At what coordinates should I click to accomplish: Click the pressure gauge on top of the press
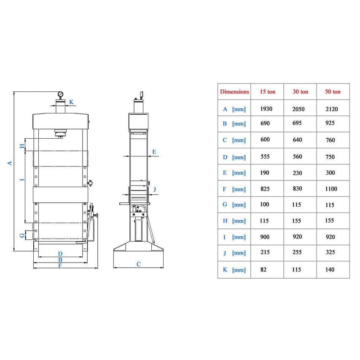point(60,94)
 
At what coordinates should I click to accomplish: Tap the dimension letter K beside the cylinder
point(71,102)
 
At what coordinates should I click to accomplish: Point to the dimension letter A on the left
point(10,163)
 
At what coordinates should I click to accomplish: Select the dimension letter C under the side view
point(138,264)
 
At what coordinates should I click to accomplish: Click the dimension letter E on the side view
point(154,152)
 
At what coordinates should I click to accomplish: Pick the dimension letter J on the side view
point(155,189)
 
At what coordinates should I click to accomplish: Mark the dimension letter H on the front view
point(22,146)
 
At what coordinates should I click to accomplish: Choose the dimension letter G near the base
point(22,235)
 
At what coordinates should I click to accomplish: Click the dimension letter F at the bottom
point(60,266)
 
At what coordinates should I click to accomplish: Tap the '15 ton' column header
point(268,91)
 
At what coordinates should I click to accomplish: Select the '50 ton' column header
point(333,91)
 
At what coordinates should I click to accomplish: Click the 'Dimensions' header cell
point(234,91)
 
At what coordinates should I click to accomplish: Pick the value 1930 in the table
point(266,109)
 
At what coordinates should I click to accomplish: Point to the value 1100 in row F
point(331,189)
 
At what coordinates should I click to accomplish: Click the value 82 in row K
point(263,269)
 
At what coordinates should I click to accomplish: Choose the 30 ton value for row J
point(297,252)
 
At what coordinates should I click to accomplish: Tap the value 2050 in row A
point(298,109)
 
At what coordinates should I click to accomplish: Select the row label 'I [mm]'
point(234,237)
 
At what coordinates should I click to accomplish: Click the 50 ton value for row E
point(330,173)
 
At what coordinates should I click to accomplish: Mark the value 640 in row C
point(297,140)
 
